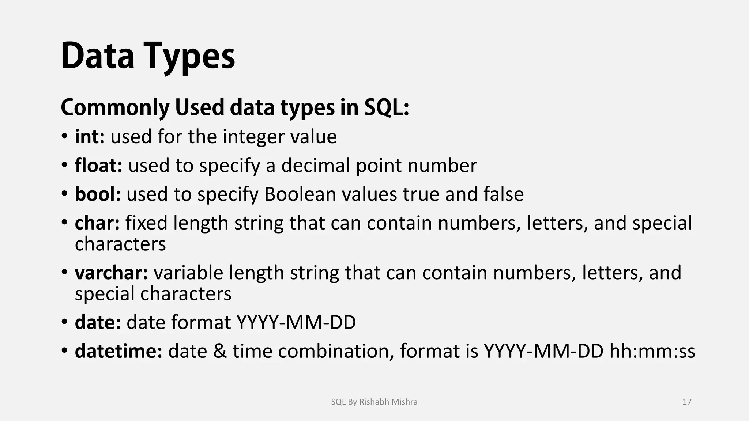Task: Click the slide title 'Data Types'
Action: pyautogui.click(x=148, y=57)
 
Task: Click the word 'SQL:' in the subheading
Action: pyautogui.click(x=387, y=108)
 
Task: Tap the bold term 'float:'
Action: pyautogui.click(x=98, y=165)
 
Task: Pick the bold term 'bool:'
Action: pyautogui.click(x=98, y=194)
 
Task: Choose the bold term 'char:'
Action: pyautogui.click(x=97, y=223)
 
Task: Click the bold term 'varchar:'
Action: pyautogui.click(x=111, y=273)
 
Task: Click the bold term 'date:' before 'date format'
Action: pyautogui.click(x=98, y=322)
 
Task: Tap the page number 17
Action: pyautogui.click(x=687, y=402)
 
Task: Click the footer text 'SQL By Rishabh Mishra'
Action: pyautogui.click(x=374, y=402)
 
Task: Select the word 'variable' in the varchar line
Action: pyautogui.click(x=188, y=273)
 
